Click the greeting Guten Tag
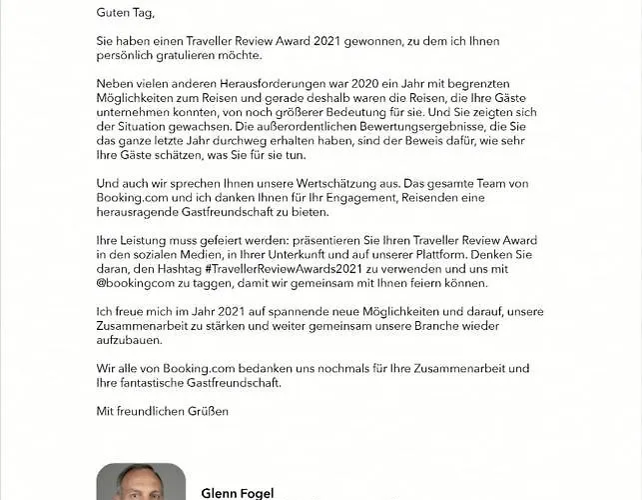(x=126, y=12)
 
